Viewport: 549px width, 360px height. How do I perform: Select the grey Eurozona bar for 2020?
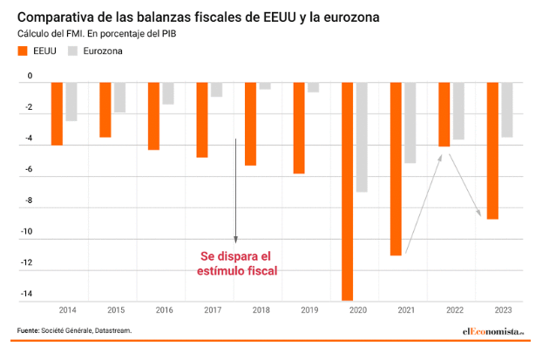point(361,137)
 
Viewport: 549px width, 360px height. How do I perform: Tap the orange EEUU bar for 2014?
point(57,113)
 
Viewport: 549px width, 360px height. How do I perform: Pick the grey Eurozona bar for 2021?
point(410,122)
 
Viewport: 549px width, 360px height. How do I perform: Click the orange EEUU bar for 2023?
point(492,150)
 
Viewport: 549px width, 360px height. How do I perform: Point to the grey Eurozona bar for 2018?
point(264,85)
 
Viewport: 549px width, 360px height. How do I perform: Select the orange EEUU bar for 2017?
point(202,119)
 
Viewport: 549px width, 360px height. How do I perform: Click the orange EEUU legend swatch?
point(23,51)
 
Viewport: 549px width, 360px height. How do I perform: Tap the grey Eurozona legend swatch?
point(73,51)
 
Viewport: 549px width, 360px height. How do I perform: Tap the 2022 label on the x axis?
point(454,309)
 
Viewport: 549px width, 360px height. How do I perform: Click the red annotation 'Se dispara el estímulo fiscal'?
point(236,263)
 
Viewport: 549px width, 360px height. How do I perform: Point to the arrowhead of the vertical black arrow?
point(235,240)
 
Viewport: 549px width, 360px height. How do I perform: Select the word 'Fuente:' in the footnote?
point(30,331)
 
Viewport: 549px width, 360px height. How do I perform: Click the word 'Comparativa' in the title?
point(59,17)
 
